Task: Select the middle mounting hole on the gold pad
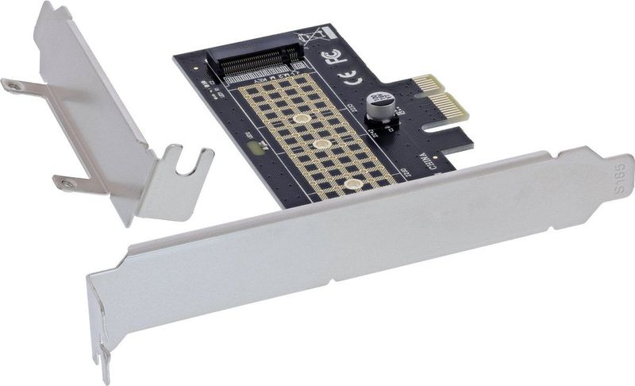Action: pos(323,145)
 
